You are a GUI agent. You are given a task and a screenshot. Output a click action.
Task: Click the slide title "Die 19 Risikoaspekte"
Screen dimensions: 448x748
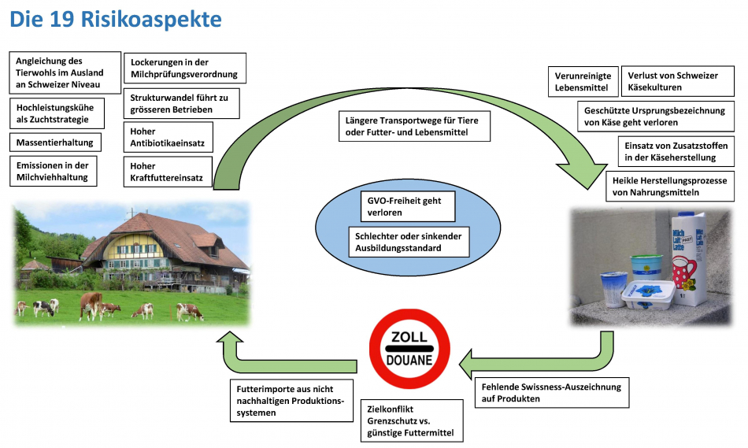coord(116,20)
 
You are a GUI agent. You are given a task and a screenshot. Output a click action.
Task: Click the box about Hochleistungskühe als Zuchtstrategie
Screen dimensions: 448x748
coord(59,113)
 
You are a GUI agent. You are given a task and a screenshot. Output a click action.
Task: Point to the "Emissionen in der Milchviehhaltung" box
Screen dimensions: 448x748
coord(54,171)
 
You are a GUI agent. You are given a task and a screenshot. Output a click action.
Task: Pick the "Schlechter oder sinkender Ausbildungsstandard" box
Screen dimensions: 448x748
coord(409,242)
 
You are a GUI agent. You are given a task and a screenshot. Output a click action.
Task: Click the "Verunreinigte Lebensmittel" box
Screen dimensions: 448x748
coord(583,82)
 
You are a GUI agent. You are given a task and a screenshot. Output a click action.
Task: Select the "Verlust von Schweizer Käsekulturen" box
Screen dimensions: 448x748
coord(677,81)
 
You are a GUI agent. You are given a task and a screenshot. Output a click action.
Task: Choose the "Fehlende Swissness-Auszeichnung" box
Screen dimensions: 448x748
coord(551,392)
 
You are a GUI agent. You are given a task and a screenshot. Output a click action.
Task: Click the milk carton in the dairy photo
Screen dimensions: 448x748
coord(690,257)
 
